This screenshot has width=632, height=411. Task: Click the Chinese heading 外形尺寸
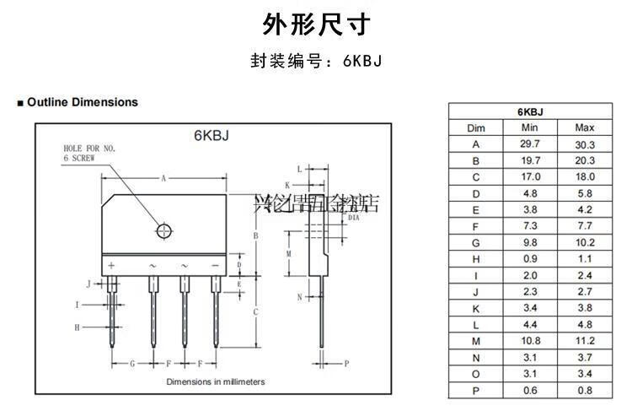click(x=315, y=24)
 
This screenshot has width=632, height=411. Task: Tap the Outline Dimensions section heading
click(x=82, y=102)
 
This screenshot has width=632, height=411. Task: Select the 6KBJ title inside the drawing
click(x=211, y=137)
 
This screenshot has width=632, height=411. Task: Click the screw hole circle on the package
click(x=163, y=230)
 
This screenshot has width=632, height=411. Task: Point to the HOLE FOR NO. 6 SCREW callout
click(x=89, y=153)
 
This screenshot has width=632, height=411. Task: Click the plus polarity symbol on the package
click(x=110, y=266)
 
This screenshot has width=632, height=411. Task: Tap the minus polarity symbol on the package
click(x=215, y=266)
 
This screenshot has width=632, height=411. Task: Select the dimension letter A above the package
click(x=163, y=178)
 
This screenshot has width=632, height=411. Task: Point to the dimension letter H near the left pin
click(x=77, y=327)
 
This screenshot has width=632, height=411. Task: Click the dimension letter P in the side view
click(x=346, y=363)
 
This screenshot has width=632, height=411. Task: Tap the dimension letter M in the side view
click(x=289, y=253)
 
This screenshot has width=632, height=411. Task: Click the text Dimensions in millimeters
click(x=215, y=382)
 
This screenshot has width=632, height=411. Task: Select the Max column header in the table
click(x=585, y=127)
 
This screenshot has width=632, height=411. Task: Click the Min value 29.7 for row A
click(x=530, y=144)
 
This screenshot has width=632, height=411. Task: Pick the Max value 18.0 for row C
click(x=585, y=177)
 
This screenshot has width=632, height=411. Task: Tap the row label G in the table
click(x=475, y=243)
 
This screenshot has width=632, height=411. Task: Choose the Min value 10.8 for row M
click(x=530, y=342)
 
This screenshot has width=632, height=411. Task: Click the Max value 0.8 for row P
click(x=585, y=391)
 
